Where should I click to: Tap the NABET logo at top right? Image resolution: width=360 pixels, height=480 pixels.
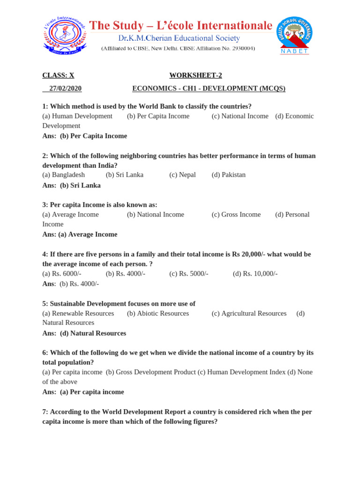295,35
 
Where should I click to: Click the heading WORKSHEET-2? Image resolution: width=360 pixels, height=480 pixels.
193,75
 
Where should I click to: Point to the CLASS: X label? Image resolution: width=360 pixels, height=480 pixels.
58,75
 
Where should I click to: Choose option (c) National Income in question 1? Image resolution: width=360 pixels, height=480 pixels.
240,116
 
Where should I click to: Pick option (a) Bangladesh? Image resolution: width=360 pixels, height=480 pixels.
64,175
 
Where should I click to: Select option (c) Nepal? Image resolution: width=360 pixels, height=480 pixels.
182,175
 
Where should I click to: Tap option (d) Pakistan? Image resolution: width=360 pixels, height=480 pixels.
228,175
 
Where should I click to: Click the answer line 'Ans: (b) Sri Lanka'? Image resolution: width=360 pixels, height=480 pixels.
71,185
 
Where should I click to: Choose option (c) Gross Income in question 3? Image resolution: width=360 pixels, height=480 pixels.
236,214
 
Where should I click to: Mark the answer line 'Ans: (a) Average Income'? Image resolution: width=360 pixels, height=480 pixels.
80,234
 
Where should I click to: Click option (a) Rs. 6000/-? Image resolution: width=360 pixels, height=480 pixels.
62,274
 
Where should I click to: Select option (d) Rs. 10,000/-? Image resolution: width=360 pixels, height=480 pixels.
255,274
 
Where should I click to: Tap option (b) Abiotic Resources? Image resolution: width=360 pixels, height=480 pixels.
158,313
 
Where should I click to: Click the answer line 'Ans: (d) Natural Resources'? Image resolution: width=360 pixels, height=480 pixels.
84,333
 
